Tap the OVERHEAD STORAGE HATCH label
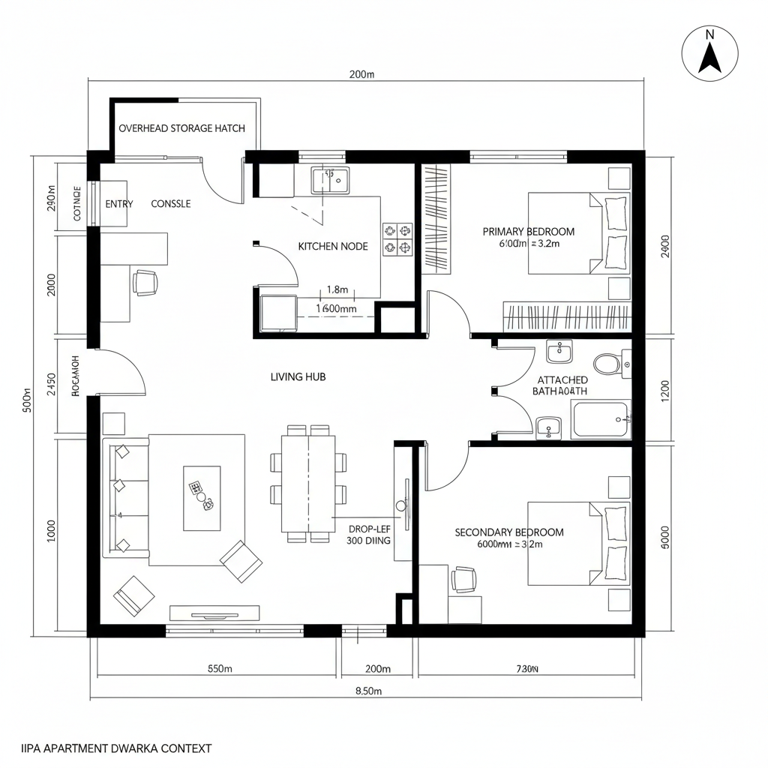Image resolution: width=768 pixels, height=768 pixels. [181, 128]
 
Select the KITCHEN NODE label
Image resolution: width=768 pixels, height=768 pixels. [333, 246]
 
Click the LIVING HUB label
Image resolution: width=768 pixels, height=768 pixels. [298, 377]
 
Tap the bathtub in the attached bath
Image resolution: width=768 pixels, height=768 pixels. [600, 420]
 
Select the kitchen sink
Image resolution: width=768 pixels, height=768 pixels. [330, 181]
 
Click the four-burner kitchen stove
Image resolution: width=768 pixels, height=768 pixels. [397, 238]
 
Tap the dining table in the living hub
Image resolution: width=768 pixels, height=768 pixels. [308, 483]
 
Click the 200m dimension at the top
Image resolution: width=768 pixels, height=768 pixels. [362, 73]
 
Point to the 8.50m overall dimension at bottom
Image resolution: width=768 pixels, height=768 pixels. [368, 691]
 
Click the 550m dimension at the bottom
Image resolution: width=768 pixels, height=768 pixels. [220, 668]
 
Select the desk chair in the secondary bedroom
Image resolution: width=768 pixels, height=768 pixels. [464, 578]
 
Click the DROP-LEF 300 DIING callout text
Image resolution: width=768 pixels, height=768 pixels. [369, 533]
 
